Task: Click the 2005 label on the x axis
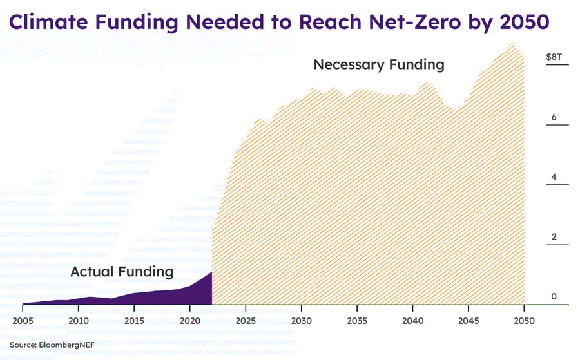coord(22,320)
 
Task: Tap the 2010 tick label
coord(78,320)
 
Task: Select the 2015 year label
coord(134,320)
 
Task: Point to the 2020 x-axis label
coord(189,320)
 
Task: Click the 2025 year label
coord(246,320)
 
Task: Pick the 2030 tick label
coord(301,320)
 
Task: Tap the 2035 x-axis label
coord(357,320)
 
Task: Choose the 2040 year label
coord(413,320)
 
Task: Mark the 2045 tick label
coord(469,320)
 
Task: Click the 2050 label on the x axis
coord(524,320)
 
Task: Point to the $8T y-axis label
coord(554,57)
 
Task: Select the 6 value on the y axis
coord(554,117)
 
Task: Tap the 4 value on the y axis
coord(554,177)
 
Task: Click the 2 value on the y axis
coord(554,237)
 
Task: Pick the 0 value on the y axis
coord(554,296)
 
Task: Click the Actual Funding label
coord(122,272)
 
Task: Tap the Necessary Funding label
coord(379,64)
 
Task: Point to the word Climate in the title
coord(46,22)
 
